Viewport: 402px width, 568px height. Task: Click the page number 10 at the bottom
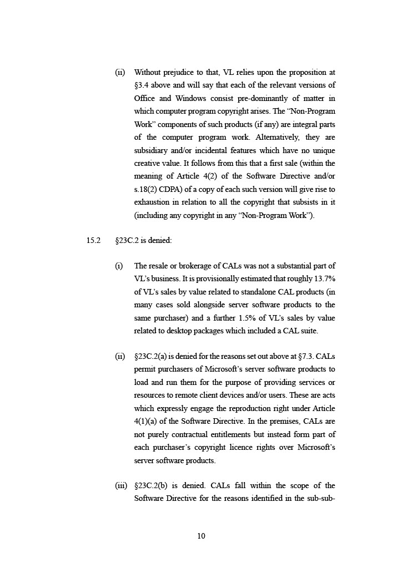[201, 536]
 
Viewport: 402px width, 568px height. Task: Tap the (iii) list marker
[121, 485]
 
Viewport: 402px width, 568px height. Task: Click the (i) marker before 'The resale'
[119, 266]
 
